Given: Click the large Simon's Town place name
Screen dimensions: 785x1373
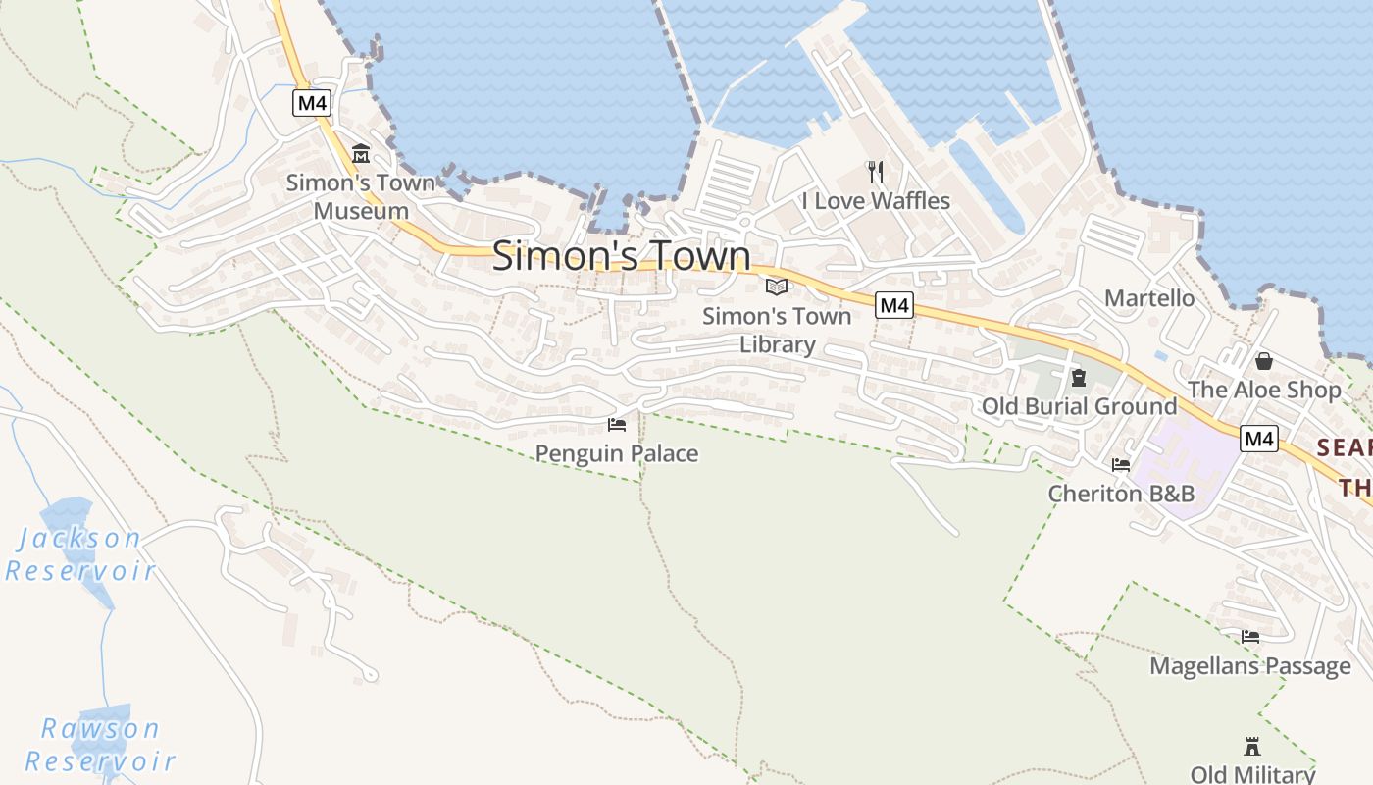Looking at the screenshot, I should (x=621, y=256).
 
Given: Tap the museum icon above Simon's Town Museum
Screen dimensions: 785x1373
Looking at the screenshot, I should (x=361, y=154).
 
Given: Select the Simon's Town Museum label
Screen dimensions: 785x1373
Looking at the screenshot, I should (x=361, y=196).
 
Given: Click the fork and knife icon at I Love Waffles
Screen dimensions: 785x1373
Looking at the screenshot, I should (x=876, y=172).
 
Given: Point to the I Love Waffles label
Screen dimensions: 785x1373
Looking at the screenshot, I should (x=876, y=201).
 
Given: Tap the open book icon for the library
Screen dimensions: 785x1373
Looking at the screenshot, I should (x=777, y=287).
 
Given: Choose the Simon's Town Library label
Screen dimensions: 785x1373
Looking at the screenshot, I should (x=777, y=330).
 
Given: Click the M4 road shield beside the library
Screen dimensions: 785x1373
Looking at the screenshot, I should (x=894, y=305).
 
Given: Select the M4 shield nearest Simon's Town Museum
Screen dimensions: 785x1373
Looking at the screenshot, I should (x=311, y=102).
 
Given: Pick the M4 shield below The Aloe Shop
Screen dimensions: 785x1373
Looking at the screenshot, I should (x=1259, y=439).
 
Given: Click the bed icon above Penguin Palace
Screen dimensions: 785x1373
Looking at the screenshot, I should (x=617, y=425).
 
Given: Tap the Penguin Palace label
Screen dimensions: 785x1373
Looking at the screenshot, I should (x=617, y=453).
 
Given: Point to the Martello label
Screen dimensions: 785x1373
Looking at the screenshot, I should (x=1149, y=298).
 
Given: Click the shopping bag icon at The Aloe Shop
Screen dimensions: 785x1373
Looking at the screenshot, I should (x=1264, y=361).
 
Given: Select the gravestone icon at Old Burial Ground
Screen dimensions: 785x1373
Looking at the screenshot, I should (x=1079, y=378).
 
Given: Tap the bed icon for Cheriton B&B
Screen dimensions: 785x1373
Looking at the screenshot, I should (x=1121, y=465).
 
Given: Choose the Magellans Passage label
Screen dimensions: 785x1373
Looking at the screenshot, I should (x=1250, y=666).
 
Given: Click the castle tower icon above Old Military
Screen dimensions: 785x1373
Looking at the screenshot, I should (x=1251, y=746).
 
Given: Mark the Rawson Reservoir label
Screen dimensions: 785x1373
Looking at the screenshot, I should (x=99, y=745).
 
